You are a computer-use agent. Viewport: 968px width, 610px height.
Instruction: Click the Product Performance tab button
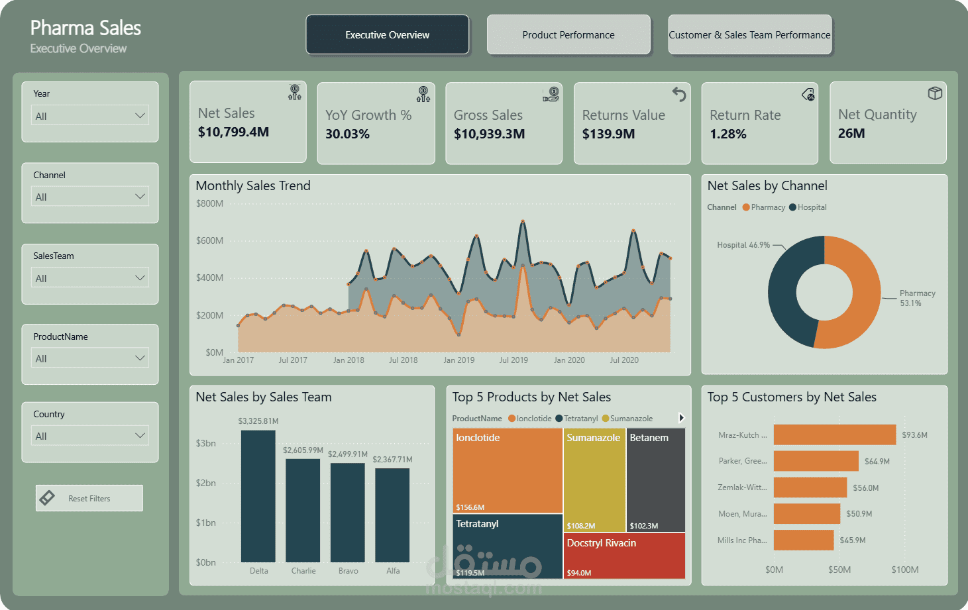pyautogui.click(x=568, y=34)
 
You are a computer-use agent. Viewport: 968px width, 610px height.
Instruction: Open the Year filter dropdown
pyautogui.click(x=90, y=116)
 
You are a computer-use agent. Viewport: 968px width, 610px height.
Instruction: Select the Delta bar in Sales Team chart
pyautogui.click(x=258, y=496)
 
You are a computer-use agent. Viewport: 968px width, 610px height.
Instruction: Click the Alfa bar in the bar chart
pyautogui.click(x=392, y=515)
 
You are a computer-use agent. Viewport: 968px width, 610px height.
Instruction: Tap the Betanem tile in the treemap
pyautogui.click(x=655, y=480)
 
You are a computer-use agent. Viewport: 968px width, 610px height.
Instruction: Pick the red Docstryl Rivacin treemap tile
pyautogui.click(x=624, y=556)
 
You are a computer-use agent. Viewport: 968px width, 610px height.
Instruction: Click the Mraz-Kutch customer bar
pyautogui.click(x=835, y=434)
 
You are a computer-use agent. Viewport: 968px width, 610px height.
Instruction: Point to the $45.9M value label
pyautogui.click(x=853, y=540)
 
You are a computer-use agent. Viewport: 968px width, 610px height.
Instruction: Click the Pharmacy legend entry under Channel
pyautogui.click(x=764, y=207)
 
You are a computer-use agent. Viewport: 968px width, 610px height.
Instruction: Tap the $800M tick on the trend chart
pyautogui.click(x=209, y=203)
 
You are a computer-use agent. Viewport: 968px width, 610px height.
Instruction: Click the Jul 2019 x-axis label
pyautogui.click(x=513, y=360)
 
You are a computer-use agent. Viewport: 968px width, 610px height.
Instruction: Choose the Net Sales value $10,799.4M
pyautogui.click(x=233, y=132)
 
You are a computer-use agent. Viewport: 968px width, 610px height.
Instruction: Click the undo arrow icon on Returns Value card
pyautogui.click(x=679, y=94)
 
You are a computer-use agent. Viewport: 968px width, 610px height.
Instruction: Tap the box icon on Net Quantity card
pyautogui.click(x=935, y=93)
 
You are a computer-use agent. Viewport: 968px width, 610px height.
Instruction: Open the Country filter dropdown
pyautogui.click(x=90, y=435)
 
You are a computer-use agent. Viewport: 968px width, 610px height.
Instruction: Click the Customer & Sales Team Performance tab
pyautogui.click(x=750, y=34)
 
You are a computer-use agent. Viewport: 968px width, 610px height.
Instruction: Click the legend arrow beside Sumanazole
pyautogui.click(x=682, y=418)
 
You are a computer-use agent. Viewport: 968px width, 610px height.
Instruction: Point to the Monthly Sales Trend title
pyautogui.click(x=253, y=185)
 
